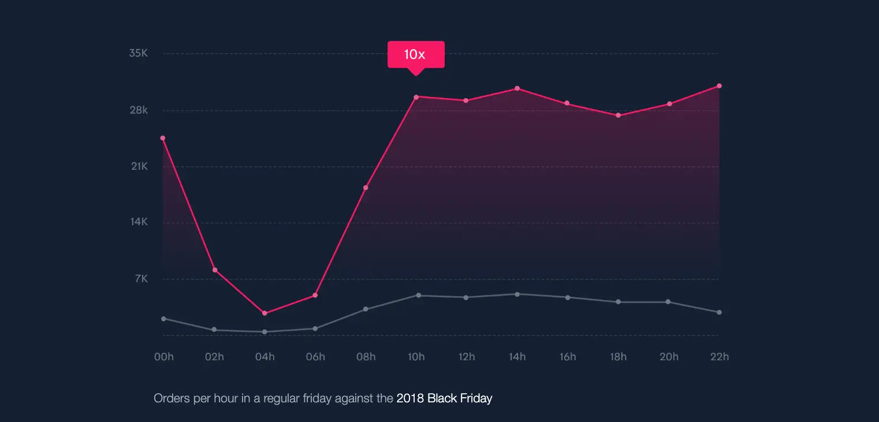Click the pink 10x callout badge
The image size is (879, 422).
[415, 55]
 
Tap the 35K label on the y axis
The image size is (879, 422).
[139, 53]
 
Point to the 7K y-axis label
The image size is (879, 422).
[141, 279]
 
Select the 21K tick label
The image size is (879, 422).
[139, 166]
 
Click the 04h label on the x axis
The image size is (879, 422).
[265, 357]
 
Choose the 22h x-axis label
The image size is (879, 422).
[720, 357]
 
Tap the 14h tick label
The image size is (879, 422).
[517, 357]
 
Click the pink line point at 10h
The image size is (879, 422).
[416, 97]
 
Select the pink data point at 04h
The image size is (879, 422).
[265, 313]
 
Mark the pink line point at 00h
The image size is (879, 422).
[163, 138]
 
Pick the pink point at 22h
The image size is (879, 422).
[719, 86]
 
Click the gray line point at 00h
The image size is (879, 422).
[163, 319]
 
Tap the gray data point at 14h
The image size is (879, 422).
[517, 294]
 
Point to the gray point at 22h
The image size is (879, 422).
[719, 312]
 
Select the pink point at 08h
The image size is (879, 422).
[366, 188]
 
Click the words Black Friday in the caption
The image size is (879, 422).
[460, 398]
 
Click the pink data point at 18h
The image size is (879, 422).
[618, 115]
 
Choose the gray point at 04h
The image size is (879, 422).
[265, 332]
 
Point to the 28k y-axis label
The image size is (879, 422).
[139, 110]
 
